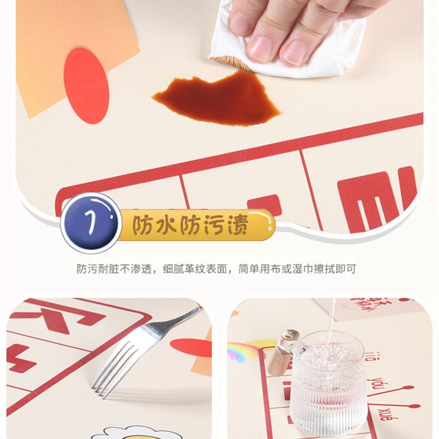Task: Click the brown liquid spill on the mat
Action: coord(219,99)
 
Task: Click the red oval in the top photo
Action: coord(86,85)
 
